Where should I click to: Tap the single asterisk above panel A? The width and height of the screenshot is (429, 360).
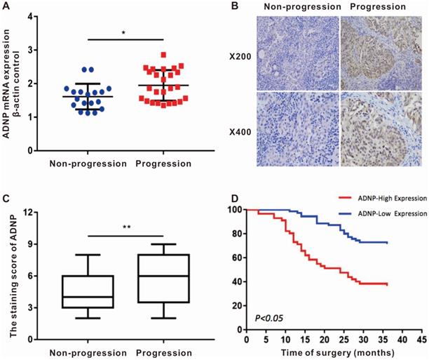point(123,32)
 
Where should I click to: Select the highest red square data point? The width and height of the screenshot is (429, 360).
point(163,54)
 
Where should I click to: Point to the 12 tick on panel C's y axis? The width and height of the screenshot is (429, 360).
point(31,210)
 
